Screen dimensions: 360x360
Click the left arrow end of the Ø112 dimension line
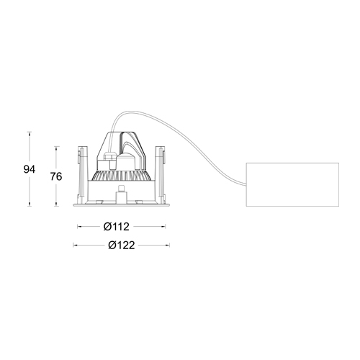coord(78,226)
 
